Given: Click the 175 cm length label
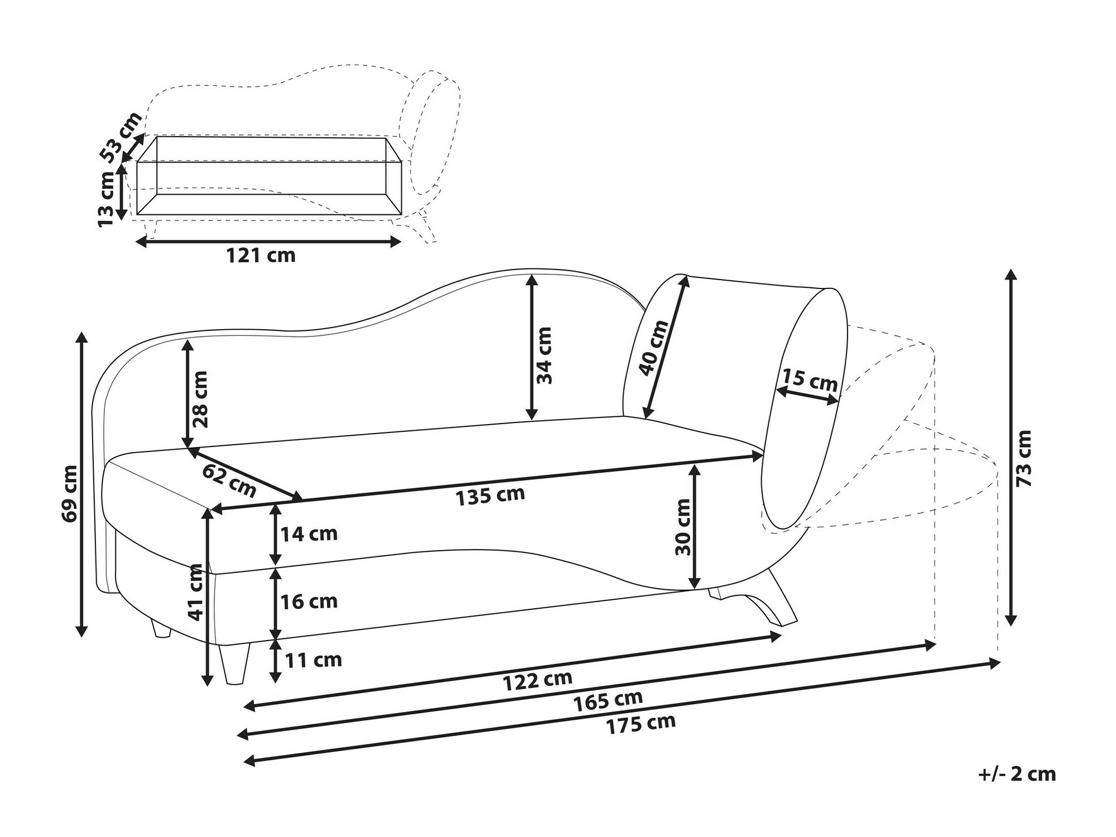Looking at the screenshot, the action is click(x=641, y=724).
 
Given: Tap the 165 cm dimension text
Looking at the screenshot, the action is click(x=608, y=700).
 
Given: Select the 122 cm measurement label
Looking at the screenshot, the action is click(x=538, y=680).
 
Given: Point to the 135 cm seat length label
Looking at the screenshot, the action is click(x=490, y=496).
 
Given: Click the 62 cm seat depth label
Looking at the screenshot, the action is click(x=229, y=480).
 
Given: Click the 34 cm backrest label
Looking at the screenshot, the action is click(x=544, y=355).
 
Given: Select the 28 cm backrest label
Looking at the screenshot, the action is click(x=200, y=399).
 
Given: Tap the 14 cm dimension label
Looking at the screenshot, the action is click(x=309, y=534).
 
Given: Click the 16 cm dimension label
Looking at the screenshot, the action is click(x=309, y=602).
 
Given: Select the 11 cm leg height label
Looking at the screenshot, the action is click(x=313, y=660).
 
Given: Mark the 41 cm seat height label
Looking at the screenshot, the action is click(x=195, y=591).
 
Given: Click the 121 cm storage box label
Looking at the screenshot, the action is click(x=260, y=256).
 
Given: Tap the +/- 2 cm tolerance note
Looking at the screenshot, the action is click(x=1017, y=774).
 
